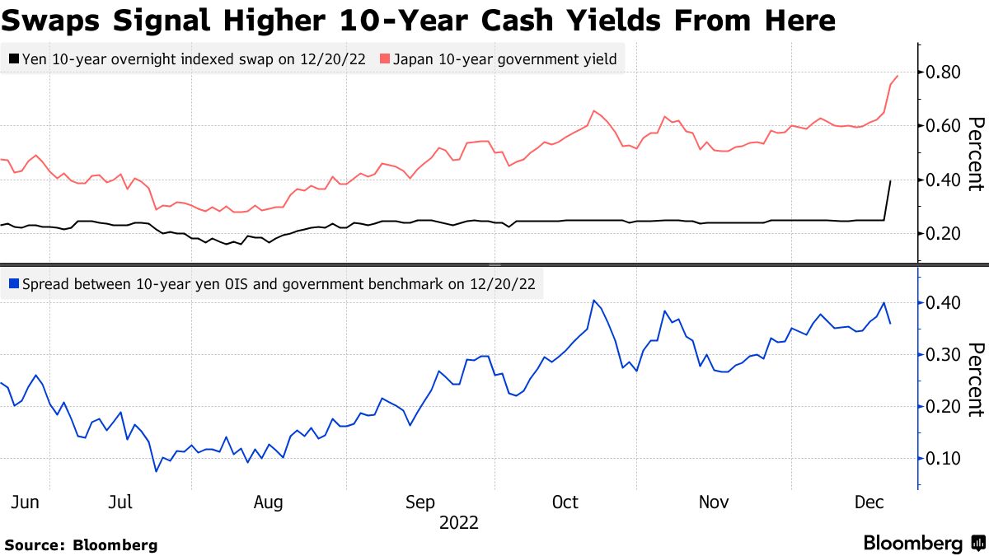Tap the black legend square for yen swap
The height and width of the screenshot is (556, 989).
click(x=13, y=58)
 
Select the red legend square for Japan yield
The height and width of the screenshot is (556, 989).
click(x=384, y=58)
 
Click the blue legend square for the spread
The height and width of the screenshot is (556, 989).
click(x=13, y=284)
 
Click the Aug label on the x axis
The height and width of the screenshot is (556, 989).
click(x=268, y=502)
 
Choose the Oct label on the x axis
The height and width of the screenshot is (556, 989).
click(x=565, y=502)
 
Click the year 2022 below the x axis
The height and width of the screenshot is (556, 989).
click(x=459, y=522)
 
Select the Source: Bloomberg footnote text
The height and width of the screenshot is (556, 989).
click(x=81, y=544)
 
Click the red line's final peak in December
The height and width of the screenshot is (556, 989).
click(x=897, y=76)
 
